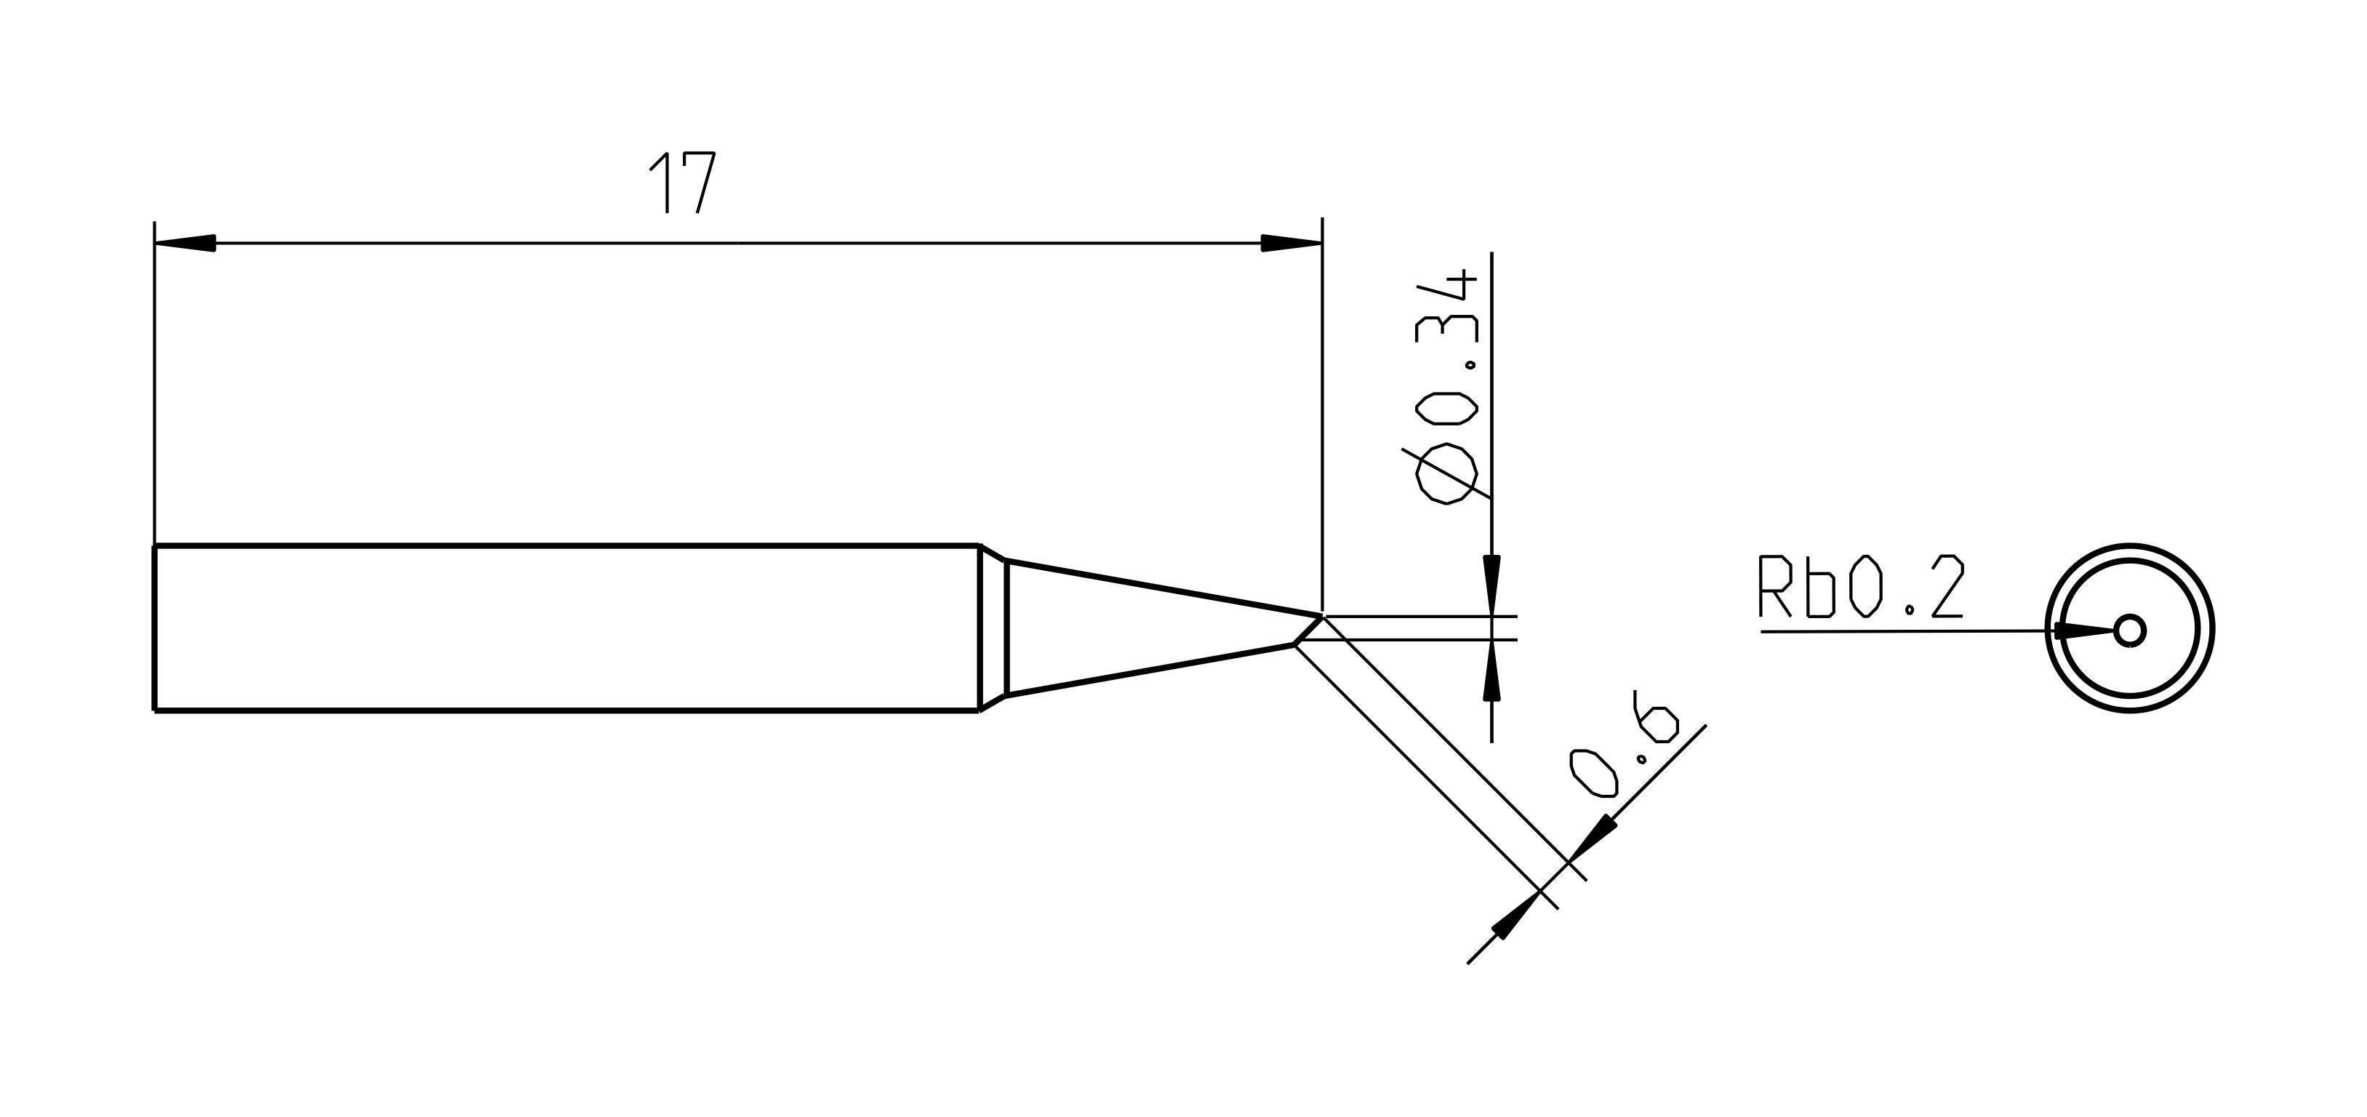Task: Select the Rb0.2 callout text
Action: (x=1860, y=588)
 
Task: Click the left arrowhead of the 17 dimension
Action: (x=185, y=244)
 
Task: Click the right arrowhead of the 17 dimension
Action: (x=1291, y=244)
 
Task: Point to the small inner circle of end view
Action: (x=2129, y=631)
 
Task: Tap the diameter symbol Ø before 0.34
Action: (x=1447, y=474)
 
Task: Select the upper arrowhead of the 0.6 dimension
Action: (x=1601, y=832)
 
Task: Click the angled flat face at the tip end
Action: (x=1308, y=631)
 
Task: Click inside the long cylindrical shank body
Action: (x=565, y=628)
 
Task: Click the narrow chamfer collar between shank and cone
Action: (x=994, y=628)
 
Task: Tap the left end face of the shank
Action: (x=154, y=628)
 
